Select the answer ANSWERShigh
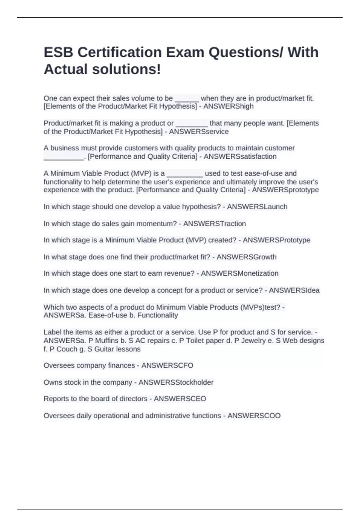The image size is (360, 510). [228, 106]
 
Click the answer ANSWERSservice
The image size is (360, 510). [199, 132]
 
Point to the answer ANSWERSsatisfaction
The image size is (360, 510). [240, 157]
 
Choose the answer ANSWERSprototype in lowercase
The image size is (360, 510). [285, 190]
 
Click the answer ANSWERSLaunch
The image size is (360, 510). [257, 207]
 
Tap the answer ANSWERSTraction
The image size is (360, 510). [214, 223]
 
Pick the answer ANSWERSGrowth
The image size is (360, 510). [246, 257]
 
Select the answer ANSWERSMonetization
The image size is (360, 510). [239, 274]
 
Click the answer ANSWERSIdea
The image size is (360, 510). [294, 290]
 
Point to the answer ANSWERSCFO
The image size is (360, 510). [167, 365]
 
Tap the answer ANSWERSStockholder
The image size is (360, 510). [176, 382]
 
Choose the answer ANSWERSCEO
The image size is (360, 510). [180, 399]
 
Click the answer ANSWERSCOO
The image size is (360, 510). [254, 416]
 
